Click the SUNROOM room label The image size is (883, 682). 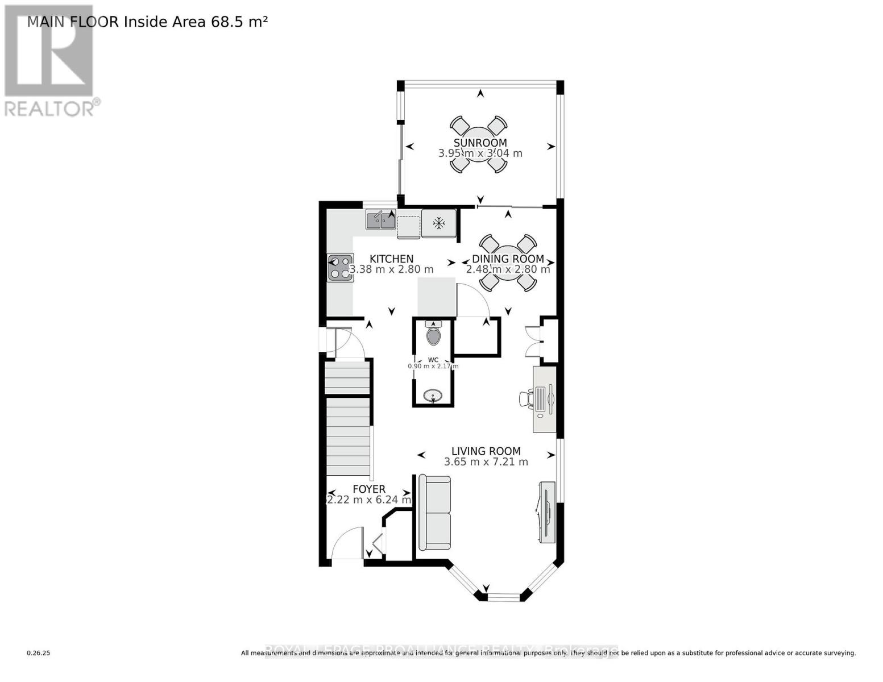coord(480,143)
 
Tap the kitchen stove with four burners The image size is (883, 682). coord(341,268)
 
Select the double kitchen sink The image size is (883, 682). coord(380,219)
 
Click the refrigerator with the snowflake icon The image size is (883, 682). coord(438,223)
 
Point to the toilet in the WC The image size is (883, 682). coord(433,335)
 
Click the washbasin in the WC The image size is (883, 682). coord(433,396)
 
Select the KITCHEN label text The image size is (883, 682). coord(391,259)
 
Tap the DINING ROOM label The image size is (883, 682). coord(508,259)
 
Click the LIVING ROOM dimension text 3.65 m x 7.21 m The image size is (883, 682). coord(486,462)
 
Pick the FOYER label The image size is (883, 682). coord(369,489)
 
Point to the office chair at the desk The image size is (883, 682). coord(525,398)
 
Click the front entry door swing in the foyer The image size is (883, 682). coord(347,543)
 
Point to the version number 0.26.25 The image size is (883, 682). coord(39,654)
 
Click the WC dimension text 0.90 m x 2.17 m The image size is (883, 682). coord(433,366)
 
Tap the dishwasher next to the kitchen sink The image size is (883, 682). coord(408,227)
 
